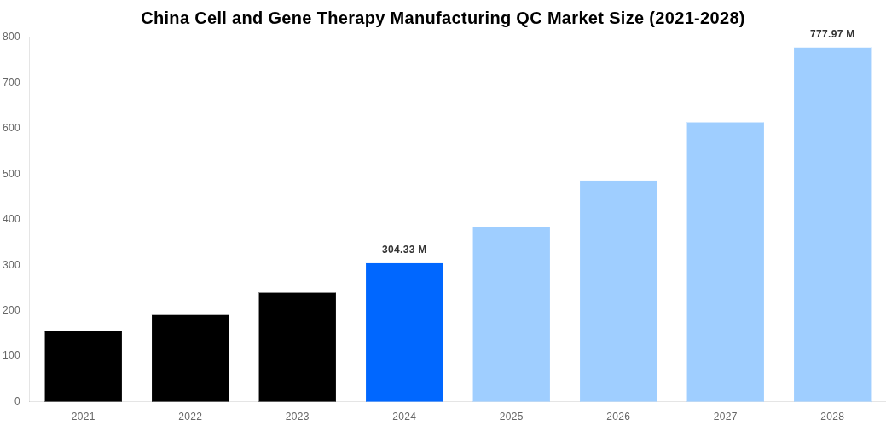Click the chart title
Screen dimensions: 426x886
443,18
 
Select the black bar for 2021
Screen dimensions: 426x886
84,366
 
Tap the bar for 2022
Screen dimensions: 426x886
190,358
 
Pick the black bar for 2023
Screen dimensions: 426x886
298,347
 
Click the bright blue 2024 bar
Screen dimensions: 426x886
404,332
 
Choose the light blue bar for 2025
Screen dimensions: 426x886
512,314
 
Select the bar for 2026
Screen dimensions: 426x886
618,291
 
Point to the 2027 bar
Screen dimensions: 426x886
726,262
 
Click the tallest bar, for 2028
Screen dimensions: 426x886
832,224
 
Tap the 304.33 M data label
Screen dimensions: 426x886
404,250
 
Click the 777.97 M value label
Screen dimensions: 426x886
832,34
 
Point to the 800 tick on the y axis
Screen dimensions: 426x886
11,37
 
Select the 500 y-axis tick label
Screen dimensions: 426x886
11,174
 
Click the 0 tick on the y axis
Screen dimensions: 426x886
17,401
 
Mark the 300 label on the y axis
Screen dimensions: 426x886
11,265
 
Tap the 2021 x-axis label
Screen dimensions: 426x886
84,417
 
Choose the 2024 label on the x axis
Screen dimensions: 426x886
404,417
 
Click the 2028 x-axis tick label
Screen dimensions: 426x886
832,417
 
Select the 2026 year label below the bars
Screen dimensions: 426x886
618,417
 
